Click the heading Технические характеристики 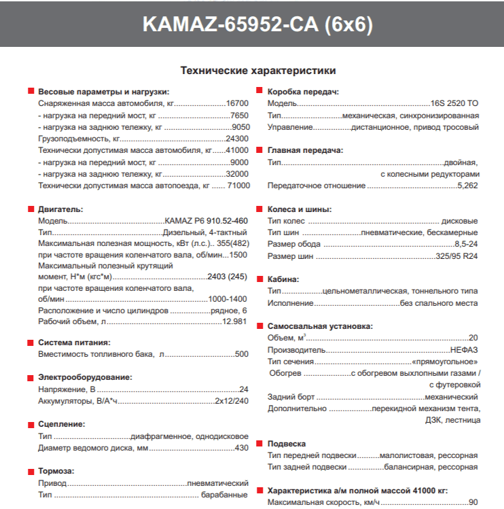point(257,70)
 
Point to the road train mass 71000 point(238,185)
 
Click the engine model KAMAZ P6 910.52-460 point(206,222)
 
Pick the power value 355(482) point(232,243)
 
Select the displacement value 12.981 point(235,321)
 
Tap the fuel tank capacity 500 point(241,354)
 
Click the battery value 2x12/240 point(231,401)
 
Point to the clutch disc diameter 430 point(241,448)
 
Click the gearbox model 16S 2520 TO point(454,103)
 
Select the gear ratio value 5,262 point(467,185)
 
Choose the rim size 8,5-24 point(466,245)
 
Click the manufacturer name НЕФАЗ point(464,349)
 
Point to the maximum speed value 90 point(473,502)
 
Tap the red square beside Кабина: point(260,279)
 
